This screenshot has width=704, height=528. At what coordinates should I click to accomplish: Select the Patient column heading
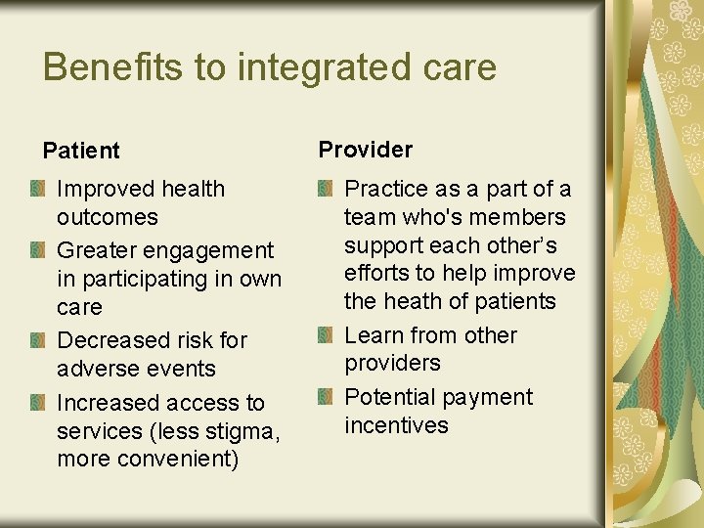(81, 151)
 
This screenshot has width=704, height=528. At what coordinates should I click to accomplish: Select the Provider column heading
(366, 150)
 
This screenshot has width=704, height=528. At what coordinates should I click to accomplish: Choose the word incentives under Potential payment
(396, 425)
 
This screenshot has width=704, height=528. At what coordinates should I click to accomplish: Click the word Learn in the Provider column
(374, 335)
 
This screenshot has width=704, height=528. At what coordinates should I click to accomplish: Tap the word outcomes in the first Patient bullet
(108, 217)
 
